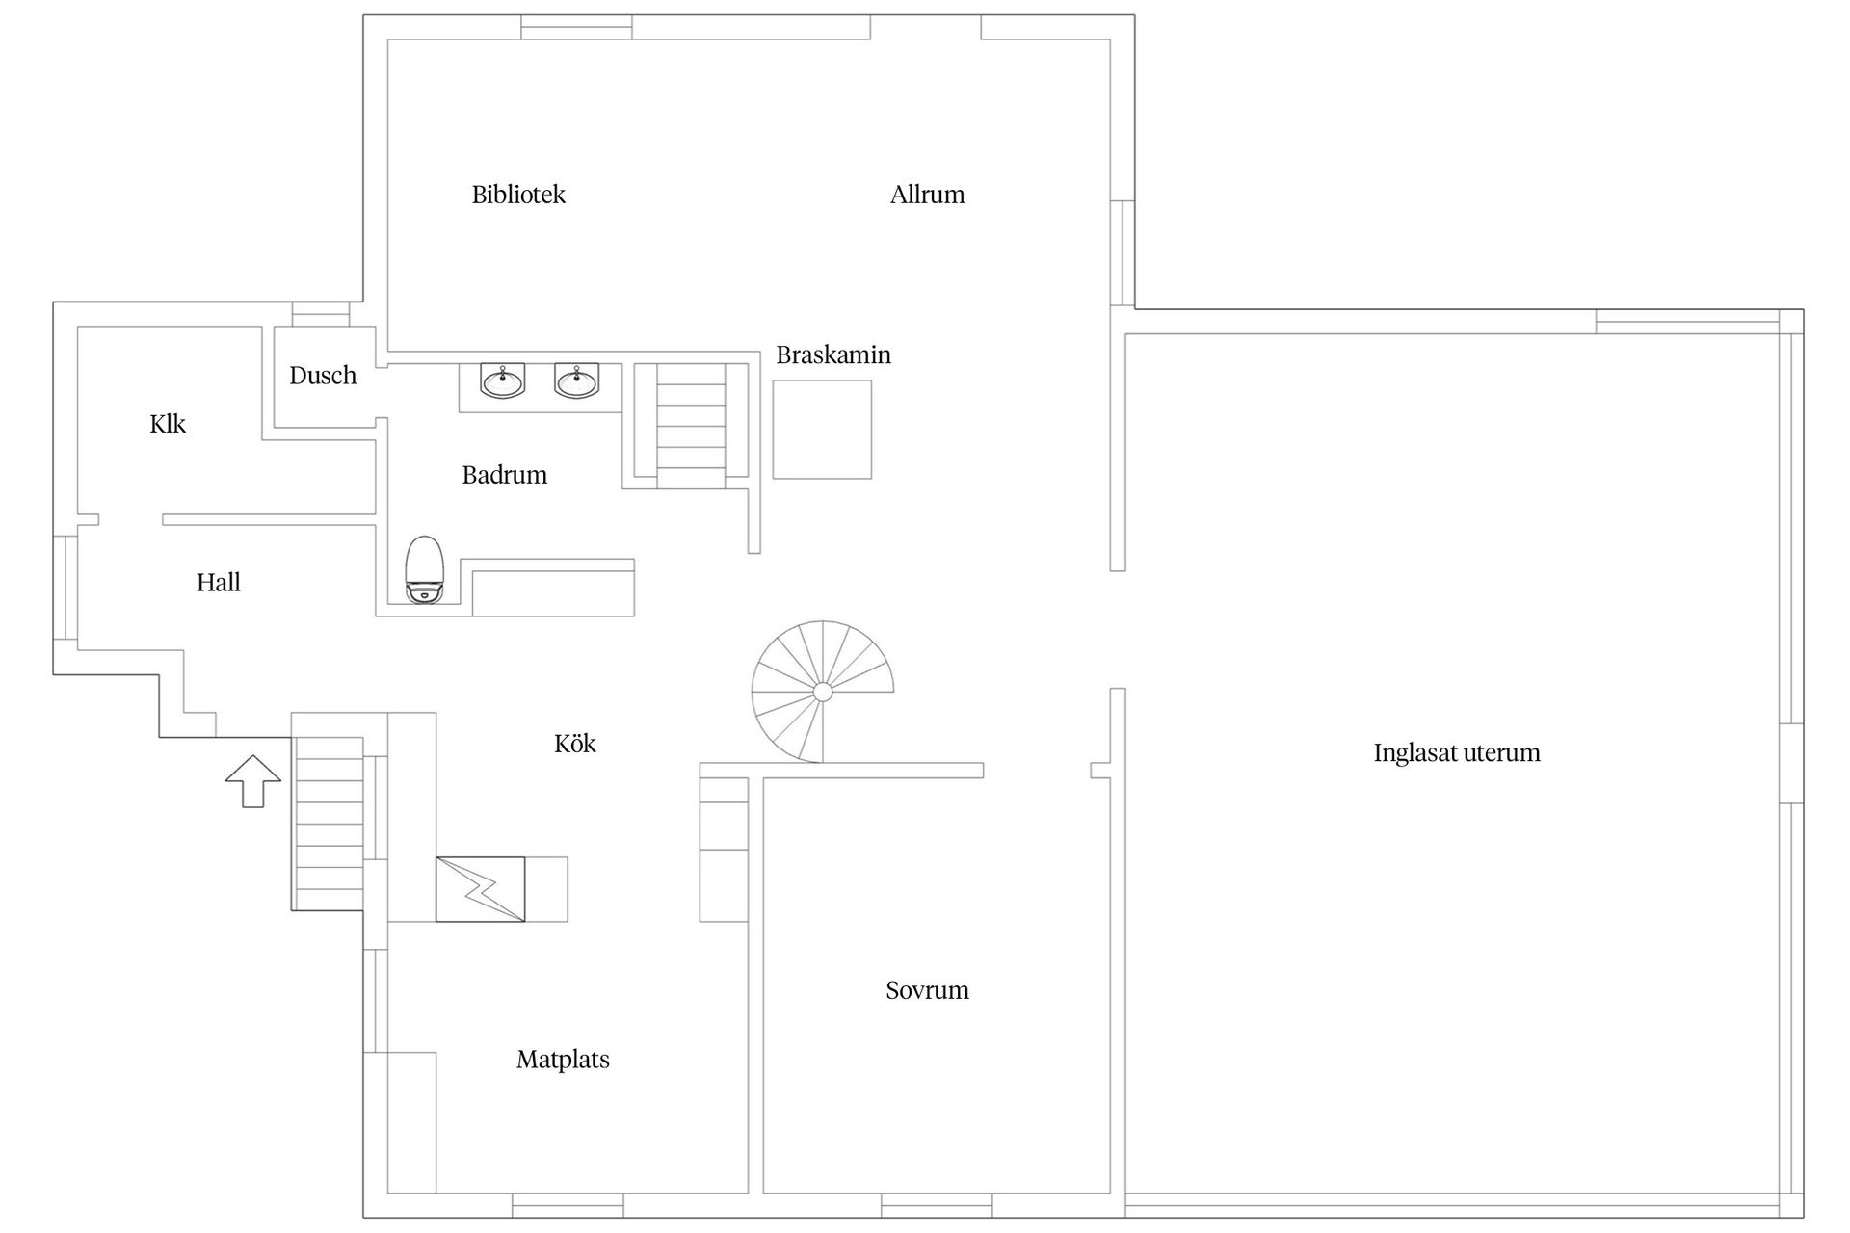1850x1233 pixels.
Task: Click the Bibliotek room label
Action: pos(518,195)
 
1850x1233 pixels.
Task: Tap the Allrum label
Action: pos(927,195)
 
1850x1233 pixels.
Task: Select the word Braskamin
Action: pos(833,355)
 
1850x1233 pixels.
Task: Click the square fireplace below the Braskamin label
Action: pos(822,430)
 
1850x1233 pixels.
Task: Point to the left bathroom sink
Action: pos(502,380)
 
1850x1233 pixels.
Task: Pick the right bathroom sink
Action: pos(576,380)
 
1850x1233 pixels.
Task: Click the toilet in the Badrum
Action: pos(424,569)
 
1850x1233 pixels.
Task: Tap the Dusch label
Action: pos(323,376)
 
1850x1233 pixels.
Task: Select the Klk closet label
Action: pos(168,424)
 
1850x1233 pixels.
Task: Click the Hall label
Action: pos(219,583)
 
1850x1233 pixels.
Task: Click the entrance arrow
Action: pos(253,781)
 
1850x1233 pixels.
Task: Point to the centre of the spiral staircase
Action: pos(823,692)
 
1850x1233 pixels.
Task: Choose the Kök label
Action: pos(575,744)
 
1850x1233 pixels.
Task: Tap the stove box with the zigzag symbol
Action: pos(480,889)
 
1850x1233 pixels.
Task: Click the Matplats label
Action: pos(563,1060)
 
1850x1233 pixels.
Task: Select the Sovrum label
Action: pos(927,990)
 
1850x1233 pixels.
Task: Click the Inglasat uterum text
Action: pos(1457,753)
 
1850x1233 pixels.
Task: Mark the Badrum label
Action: pos(505,475)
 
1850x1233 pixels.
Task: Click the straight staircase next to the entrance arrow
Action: pos(329,824)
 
